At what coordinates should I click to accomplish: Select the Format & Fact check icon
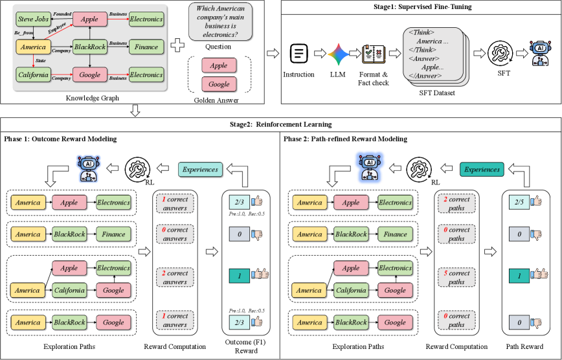coord(374,54)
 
